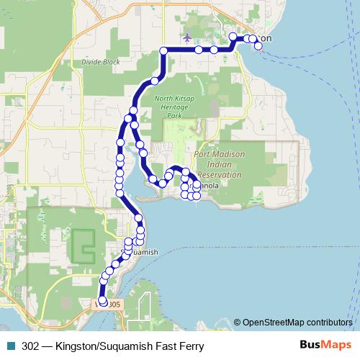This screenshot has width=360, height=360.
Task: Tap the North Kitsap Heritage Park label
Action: click(x=175, y=107)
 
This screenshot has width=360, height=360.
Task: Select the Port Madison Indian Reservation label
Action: click(x=220, y=164)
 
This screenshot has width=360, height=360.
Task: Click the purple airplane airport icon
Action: click(x=188, y=37)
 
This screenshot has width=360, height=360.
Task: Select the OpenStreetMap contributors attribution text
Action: click(x=297, y=323)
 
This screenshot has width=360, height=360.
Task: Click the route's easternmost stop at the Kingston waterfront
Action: click(x=258, y=47)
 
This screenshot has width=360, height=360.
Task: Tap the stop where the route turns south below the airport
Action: click(x=164, y=50)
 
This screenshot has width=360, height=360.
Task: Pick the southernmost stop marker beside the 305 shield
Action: click(x=102, y=301)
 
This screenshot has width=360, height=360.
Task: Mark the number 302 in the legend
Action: click(x=31, y=346)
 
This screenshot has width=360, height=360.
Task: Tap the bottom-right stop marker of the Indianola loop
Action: click(x=197, y=195)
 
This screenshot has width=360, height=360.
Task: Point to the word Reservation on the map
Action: click(x=220, y=174)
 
